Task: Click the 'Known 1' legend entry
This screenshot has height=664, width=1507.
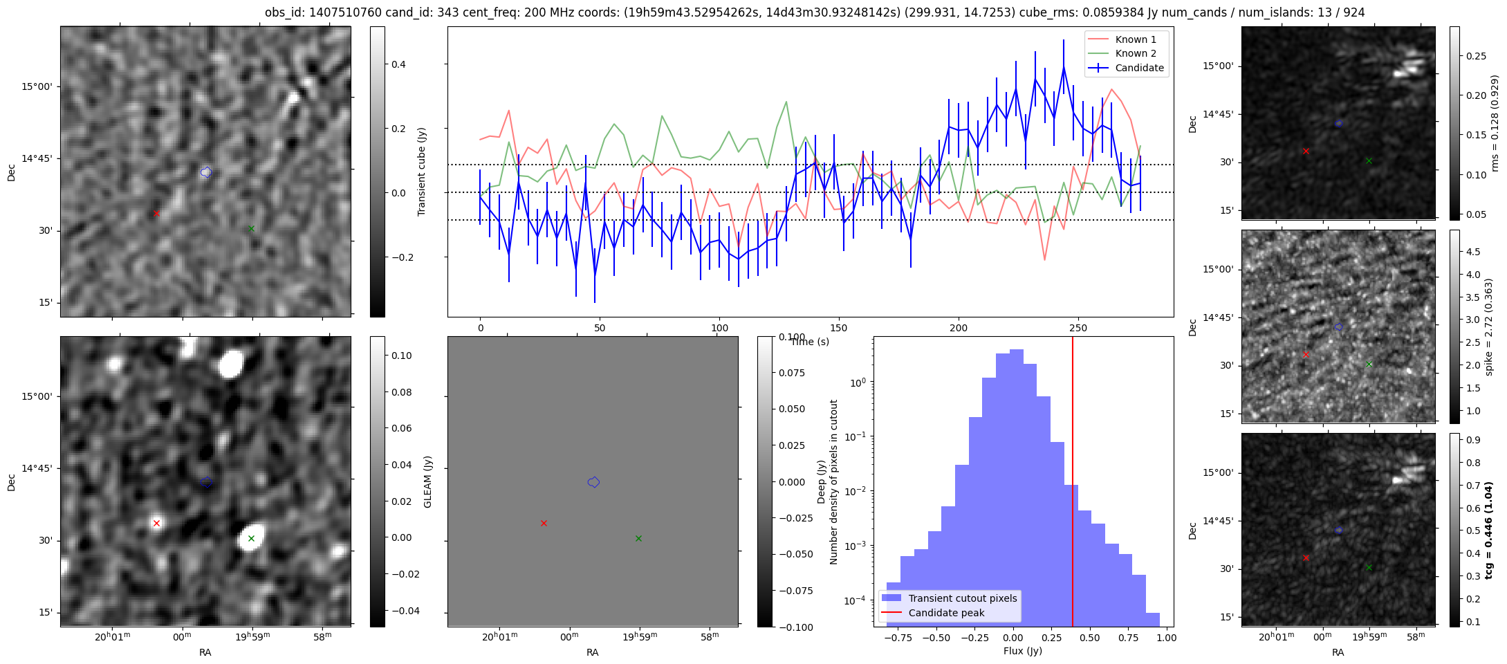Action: click(x=1136, y=39)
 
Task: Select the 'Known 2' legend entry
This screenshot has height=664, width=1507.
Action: click(x=1136, y=53)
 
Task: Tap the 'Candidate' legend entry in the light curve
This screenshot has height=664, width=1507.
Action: click(x=1139, y=68)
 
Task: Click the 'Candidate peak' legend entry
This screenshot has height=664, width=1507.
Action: click(x=946, y=613)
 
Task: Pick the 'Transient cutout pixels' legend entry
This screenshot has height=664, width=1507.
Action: click(x=962, y=598)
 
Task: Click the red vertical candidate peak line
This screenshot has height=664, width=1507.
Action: click(x=1073, y=484)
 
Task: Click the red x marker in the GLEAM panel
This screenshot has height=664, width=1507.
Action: click(x=156, y=523)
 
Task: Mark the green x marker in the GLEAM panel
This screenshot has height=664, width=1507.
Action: click(x=251, y=538)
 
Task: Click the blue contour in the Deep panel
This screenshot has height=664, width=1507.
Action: click(x=593, y=482)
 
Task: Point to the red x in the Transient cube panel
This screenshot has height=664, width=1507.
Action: click(x=156, y=214)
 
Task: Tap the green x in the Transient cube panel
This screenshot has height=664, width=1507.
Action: click(x=251, y=228)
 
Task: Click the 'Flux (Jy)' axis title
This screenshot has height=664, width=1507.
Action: click(x=1022, y=651)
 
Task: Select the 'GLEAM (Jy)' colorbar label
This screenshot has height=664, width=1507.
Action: click(x=427, y=481)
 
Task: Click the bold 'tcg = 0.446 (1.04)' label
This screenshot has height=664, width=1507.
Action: click(x=1489, y=530)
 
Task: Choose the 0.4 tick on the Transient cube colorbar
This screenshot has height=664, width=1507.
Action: click(x=399, y=64)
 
